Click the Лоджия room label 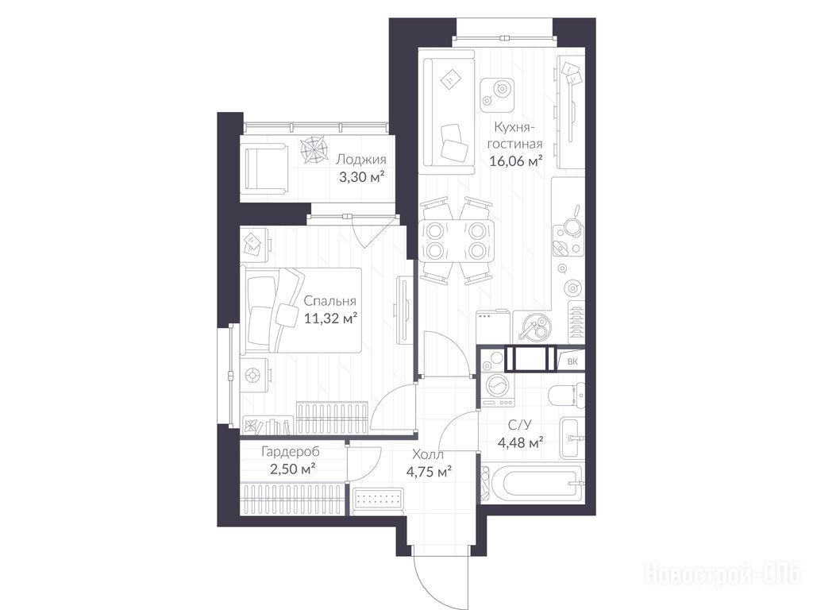pos(361,159)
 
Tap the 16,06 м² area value pos(516,161)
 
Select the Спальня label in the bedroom pos(329,301)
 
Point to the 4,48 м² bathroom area pos(520,443)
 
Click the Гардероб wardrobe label pos(291,452)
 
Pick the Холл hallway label pos(428,455)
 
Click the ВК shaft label pos(572,362)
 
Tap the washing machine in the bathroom pos(497,388)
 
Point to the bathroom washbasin pos(572,438)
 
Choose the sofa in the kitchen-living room pos(447,112)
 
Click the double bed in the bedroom pos(301,311)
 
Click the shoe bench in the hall pos(378,502)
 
